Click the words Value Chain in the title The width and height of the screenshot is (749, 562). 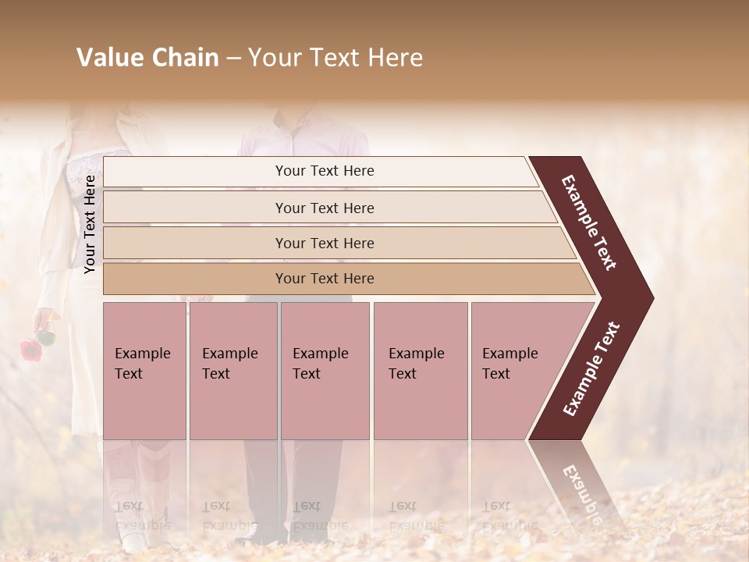(147, 58)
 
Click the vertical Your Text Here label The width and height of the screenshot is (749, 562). (90, 224)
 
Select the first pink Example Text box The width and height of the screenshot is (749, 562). (144, 370)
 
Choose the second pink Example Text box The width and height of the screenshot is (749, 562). (233, 370)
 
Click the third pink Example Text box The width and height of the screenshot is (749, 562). (325, 370)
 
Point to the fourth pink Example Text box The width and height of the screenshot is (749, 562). (420, 370)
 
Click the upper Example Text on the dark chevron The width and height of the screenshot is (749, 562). (589, 222)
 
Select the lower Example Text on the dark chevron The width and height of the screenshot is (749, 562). (591, 368)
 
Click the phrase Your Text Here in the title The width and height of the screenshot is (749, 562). (335, 58)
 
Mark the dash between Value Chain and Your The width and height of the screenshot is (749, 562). (233, 59)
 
